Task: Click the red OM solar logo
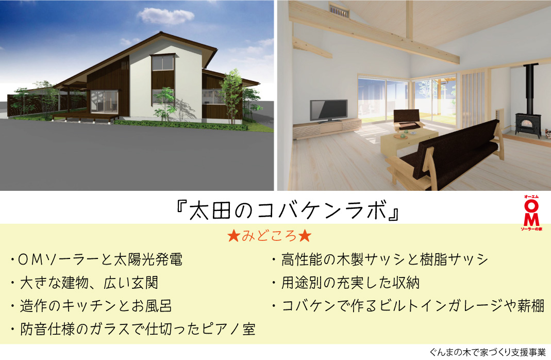(531, 213)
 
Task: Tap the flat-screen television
(329, 111)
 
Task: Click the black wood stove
(528, 125)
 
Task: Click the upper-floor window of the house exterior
(162, 63)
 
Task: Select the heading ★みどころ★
(270, 236)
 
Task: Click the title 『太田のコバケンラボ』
(288, 210)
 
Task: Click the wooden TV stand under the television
(327, 128)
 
